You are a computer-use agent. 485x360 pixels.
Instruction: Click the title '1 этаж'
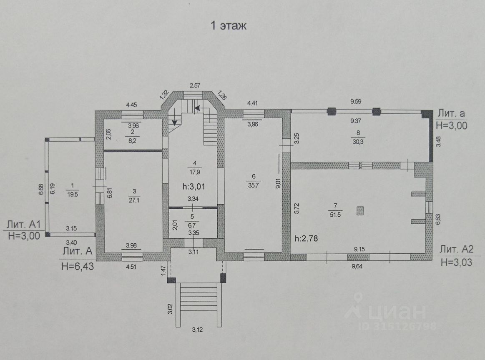point(229,26)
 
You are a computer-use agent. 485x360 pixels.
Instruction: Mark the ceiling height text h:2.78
point(310,239)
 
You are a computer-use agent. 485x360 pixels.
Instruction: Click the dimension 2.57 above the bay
point(195,85)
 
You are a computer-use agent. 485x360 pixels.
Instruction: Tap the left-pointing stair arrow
point(196,108)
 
